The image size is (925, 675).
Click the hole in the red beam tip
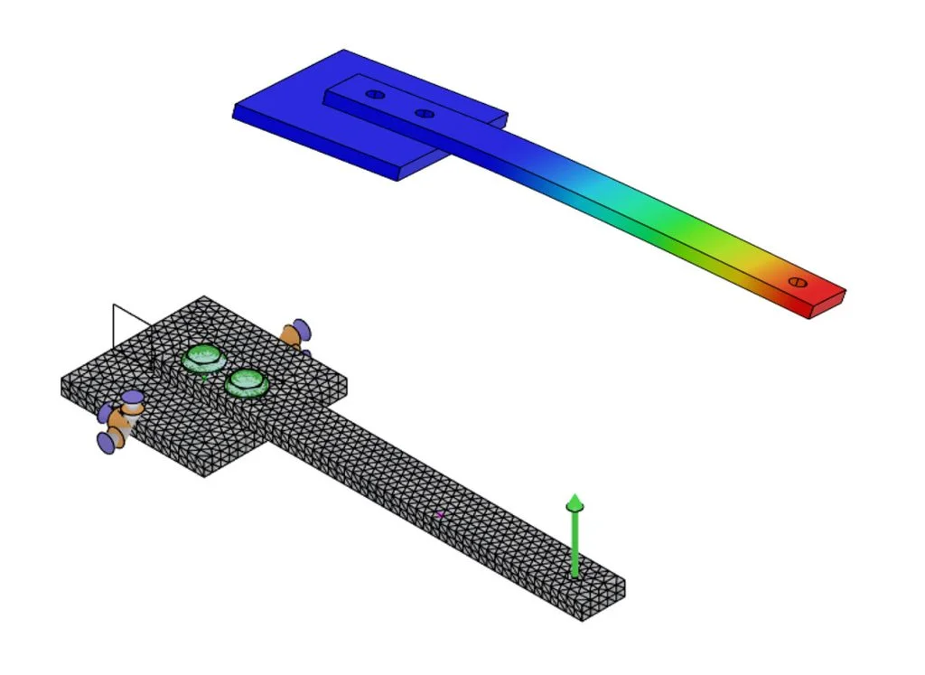click(797, 282)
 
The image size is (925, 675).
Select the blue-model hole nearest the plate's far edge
click(375, 94)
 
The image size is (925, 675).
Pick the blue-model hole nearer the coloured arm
click(425, 114)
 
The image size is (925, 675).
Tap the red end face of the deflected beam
click(827, 304)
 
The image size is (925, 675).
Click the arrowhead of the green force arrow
click(575, 503)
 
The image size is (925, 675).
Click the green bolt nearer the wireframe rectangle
click(204, 359)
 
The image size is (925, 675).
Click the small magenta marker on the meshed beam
click(440, 514)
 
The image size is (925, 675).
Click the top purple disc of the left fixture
click(133, 397)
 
